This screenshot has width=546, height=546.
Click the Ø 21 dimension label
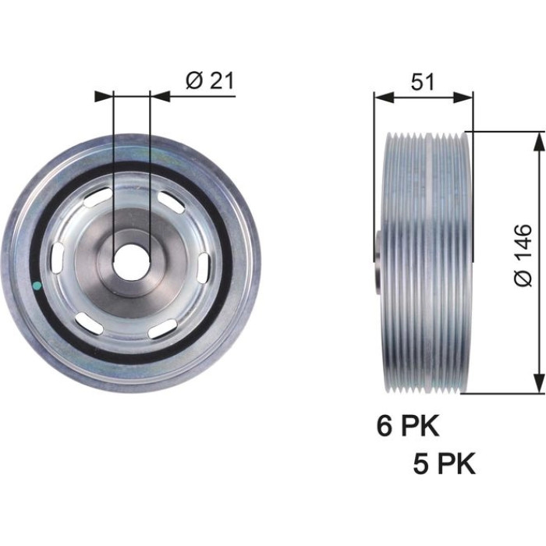coord(210,80)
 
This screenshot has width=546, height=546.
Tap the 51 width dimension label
coord(423,82)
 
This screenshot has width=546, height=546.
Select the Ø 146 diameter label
coord(523,255)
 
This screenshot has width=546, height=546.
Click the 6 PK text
coord(408,426)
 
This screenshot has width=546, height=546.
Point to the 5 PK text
coord(445,463)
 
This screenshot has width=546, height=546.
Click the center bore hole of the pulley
coord(131,261)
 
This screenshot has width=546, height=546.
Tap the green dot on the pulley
coord(37,286)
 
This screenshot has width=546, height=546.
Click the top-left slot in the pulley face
coord(97,198)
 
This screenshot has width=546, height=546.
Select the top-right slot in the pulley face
coord(171,202)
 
